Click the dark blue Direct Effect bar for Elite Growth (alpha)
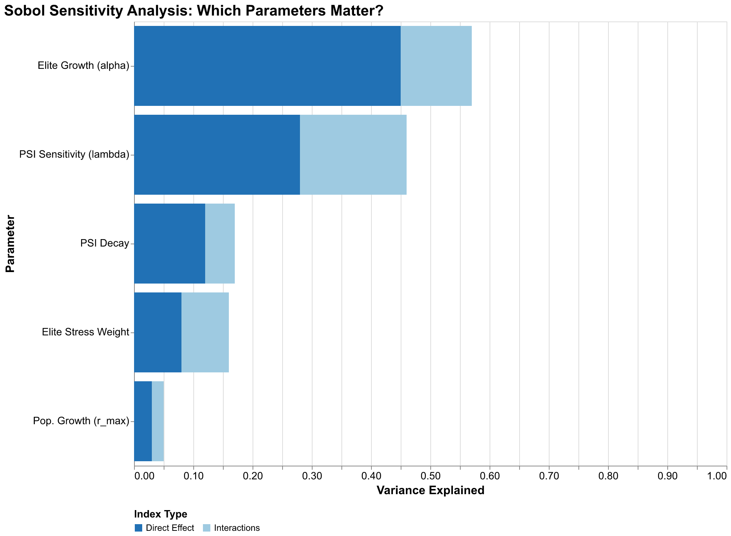click(267, 66)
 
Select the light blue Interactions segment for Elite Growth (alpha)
click(436, 66)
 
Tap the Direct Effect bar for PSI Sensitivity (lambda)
click(217, 155)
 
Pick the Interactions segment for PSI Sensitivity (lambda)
click(353, 155)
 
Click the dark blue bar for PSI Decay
click(169, 244)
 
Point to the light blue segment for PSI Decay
click(220, 244)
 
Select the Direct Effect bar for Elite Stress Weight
click(157, 332)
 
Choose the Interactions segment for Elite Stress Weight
click(205, 332)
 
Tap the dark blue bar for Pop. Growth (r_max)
click(143, 421)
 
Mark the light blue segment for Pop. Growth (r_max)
click(157, 421)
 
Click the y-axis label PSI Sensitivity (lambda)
click(74, 155)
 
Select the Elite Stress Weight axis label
click(86, 332)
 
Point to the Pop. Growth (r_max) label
click(81, 421)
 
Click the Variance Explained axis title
click(430, 490)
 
